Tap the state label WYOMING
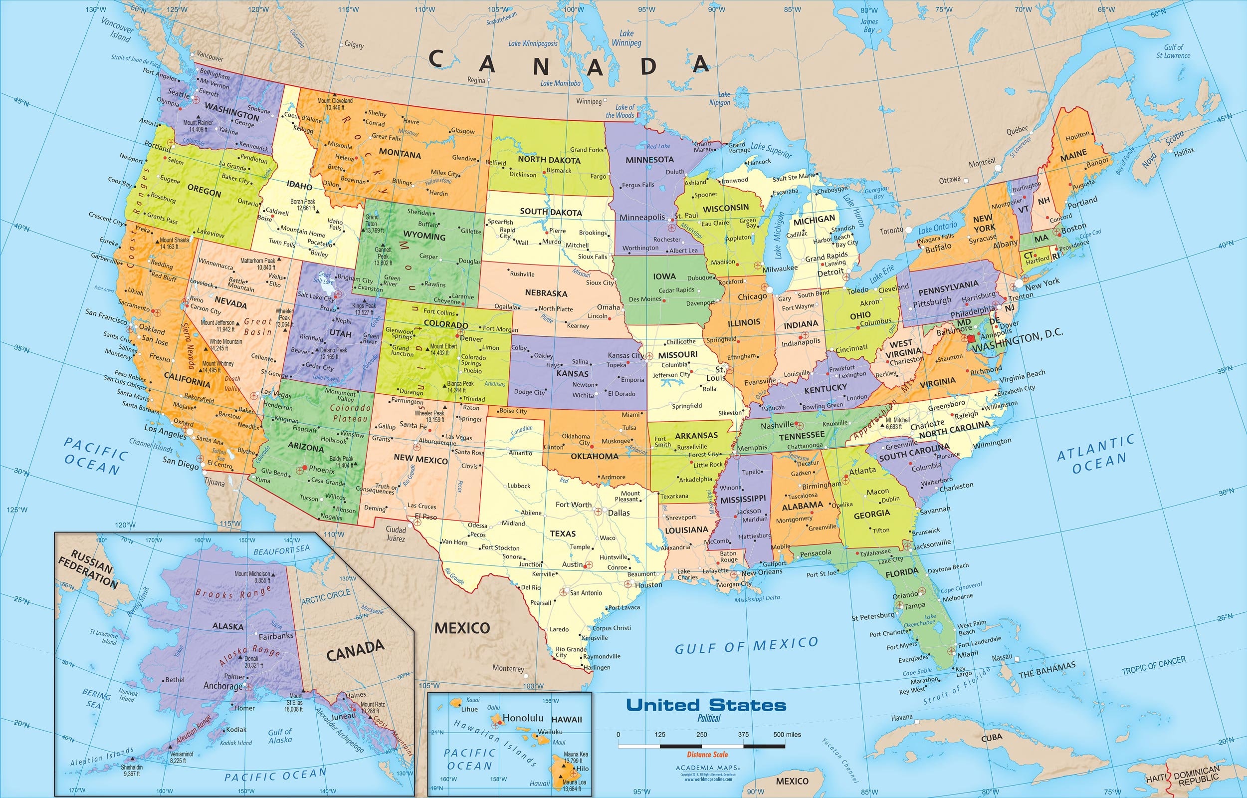click(x=424, y=236)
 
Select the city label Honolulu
click(x=523, y=718)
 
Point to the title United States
click(x=706, y=705)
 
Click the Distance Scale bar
click(x=702, y=746)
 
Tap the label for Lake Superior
click(x=771, y=151)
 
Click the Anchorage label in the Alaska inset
click(x=222, y=686)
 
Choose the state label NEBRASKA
click(x=546, y=293)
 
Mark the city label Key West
click(x=912, y=691)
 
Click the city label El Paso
click(x=425, y=517)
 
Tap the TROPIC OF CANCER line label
click(x=1153, y=666)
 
